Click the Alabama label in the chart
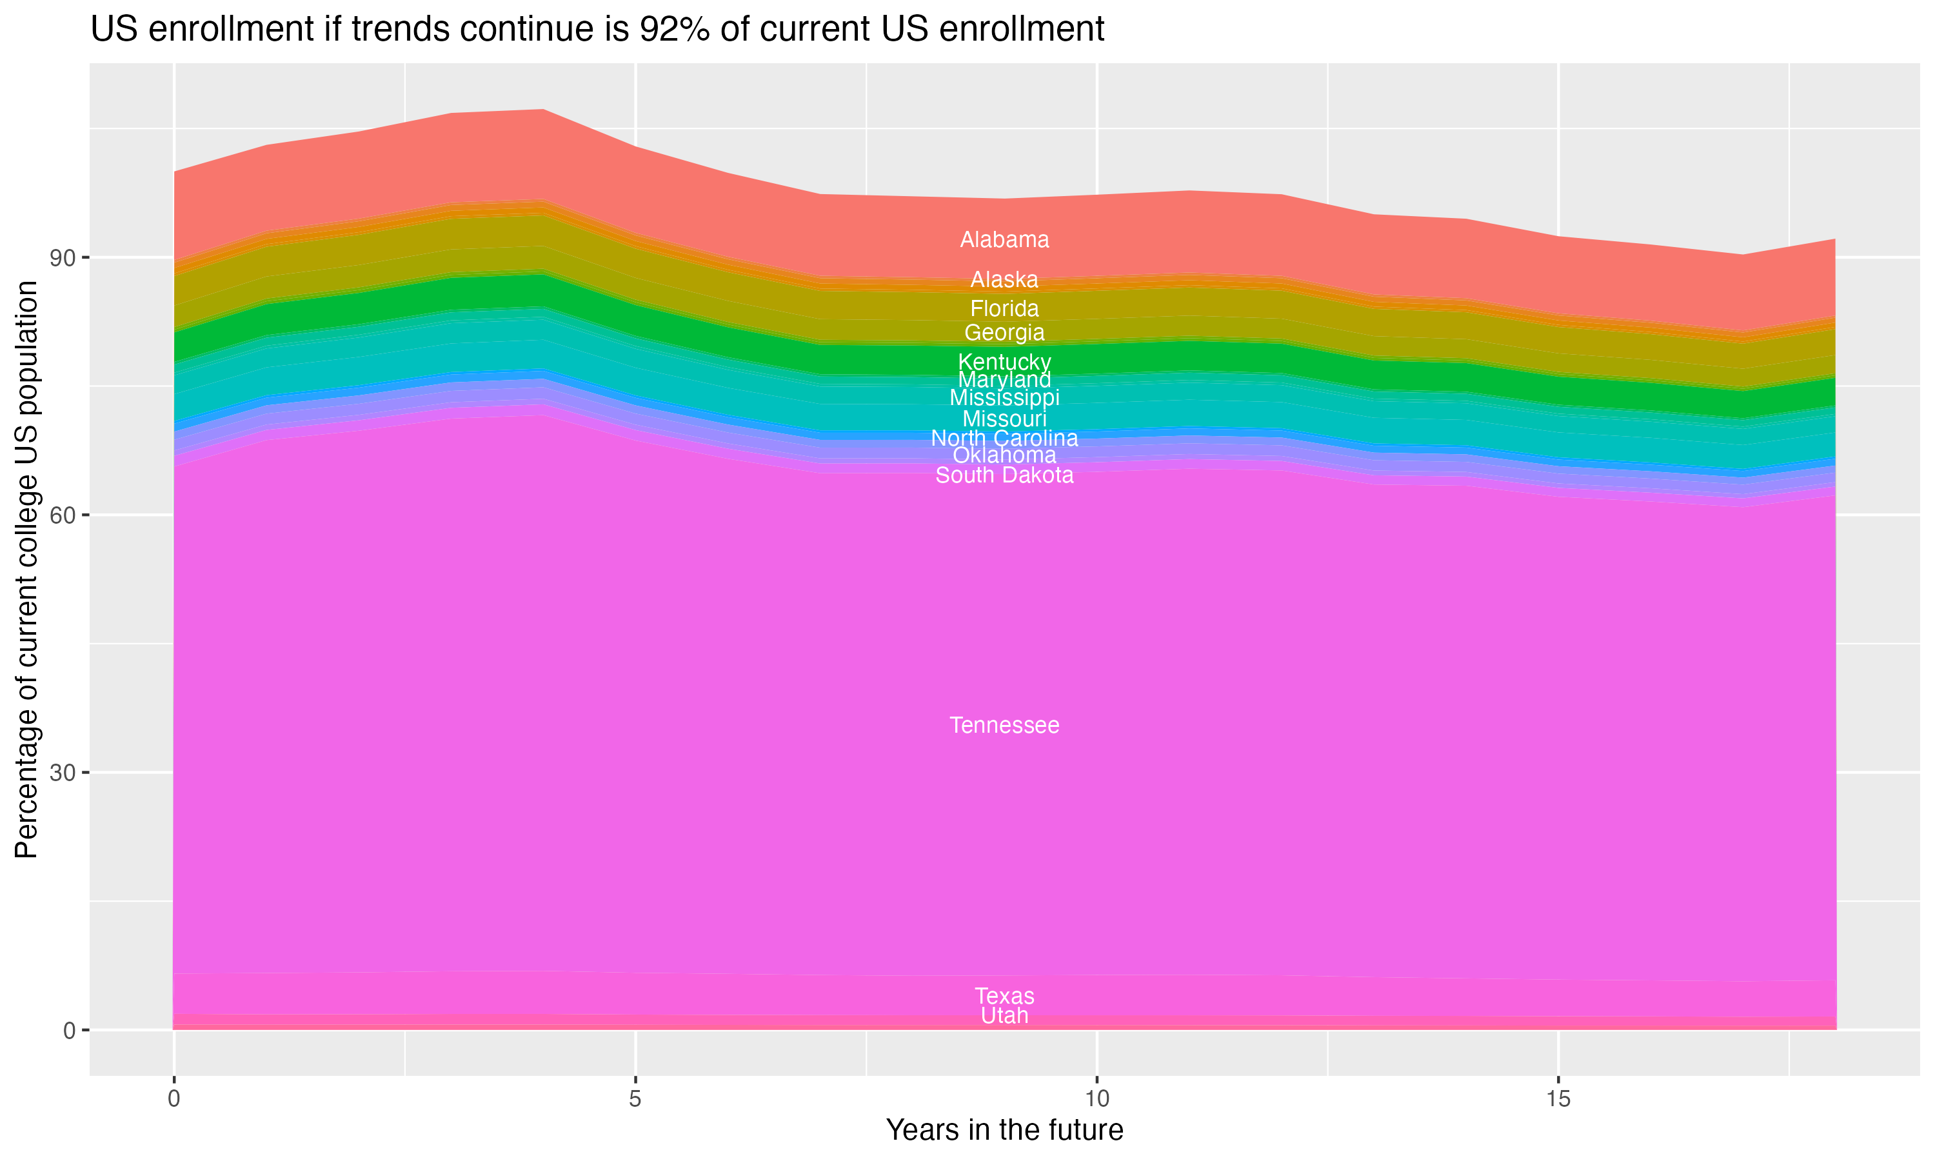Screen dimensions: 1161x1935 tap(1004, 240)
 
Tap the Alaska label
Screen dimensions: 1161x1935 tap(1004, 280)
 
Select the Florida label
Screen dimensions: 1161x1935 tap(1004, 309)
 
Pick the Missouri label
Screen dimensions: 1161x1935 tap(1004, 419)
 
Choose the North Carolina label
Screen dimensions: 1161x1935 tap(1004, 438)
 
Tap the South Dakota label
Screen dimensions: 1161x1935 tap(1004, 475)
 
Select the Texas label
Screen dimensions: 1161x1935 tap(1004, 997)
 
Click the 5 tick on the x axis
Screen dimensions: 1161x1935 tap(635, 1099)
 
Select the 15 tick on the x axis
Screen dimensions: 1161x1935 tap(1558, 1099)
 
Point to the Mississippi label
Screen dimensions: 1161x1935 tap(1004, 398)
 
